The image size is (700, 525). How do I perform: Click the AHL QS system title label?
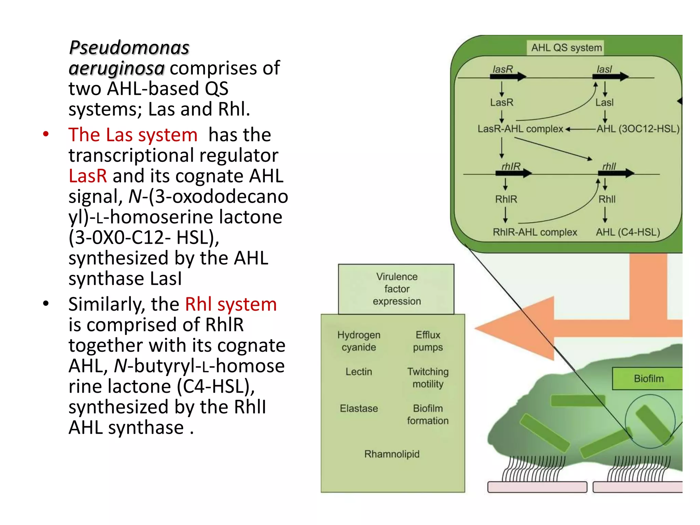pyautogui.click(x=566, y=48)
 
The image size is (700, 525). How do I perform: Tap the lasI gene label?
pyautogui.click(x=604, y=69)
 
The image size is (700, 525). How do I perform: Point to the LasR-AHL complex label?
pyautogui.click(x=520, y=129)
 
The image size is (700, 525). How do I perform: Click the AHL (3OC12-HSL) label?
pyautogui.click(x=638, y=129)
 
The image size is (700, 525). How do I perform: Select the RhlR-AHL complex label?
pyautogui.click(x=535, y=232)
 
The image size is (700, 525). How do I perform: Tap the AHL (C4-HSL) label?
pyautogui.click(x=628, y=232)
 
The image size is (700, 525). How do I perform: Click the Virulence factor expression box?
pyautogui.click(x=396, y=289)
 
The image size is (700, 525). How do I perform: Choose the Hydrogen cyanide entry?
pyautogui.click(x=359, y=341)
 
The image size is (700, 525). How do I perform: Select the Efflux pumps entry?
pyautogui.click(x=428, y=341)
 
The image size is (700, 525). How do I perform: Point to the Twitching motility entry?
pyautogui.click(x=428, y=377)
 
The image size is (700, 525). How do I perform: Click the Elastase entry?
pyautogui.click(x=359, y=408)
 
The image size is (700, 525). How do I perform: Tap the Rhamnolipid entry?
pyautogui.click(x=392, y=454)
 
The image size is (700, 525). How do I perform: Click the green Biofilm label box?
pyautogui.click(x=648, y=378)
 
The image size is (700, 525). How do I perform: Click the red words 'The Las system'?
pyautogui.click(x=133, y=135)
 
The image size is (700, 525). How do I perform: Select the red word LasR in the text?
pyautogui.click(x=87, y=176)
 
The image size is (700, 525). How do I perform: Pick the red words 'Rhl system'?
pyautogui.click(x=231, y=304)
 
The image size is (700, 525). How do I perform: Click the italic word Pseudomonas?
pyautogui.click(x=129, y=48)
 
